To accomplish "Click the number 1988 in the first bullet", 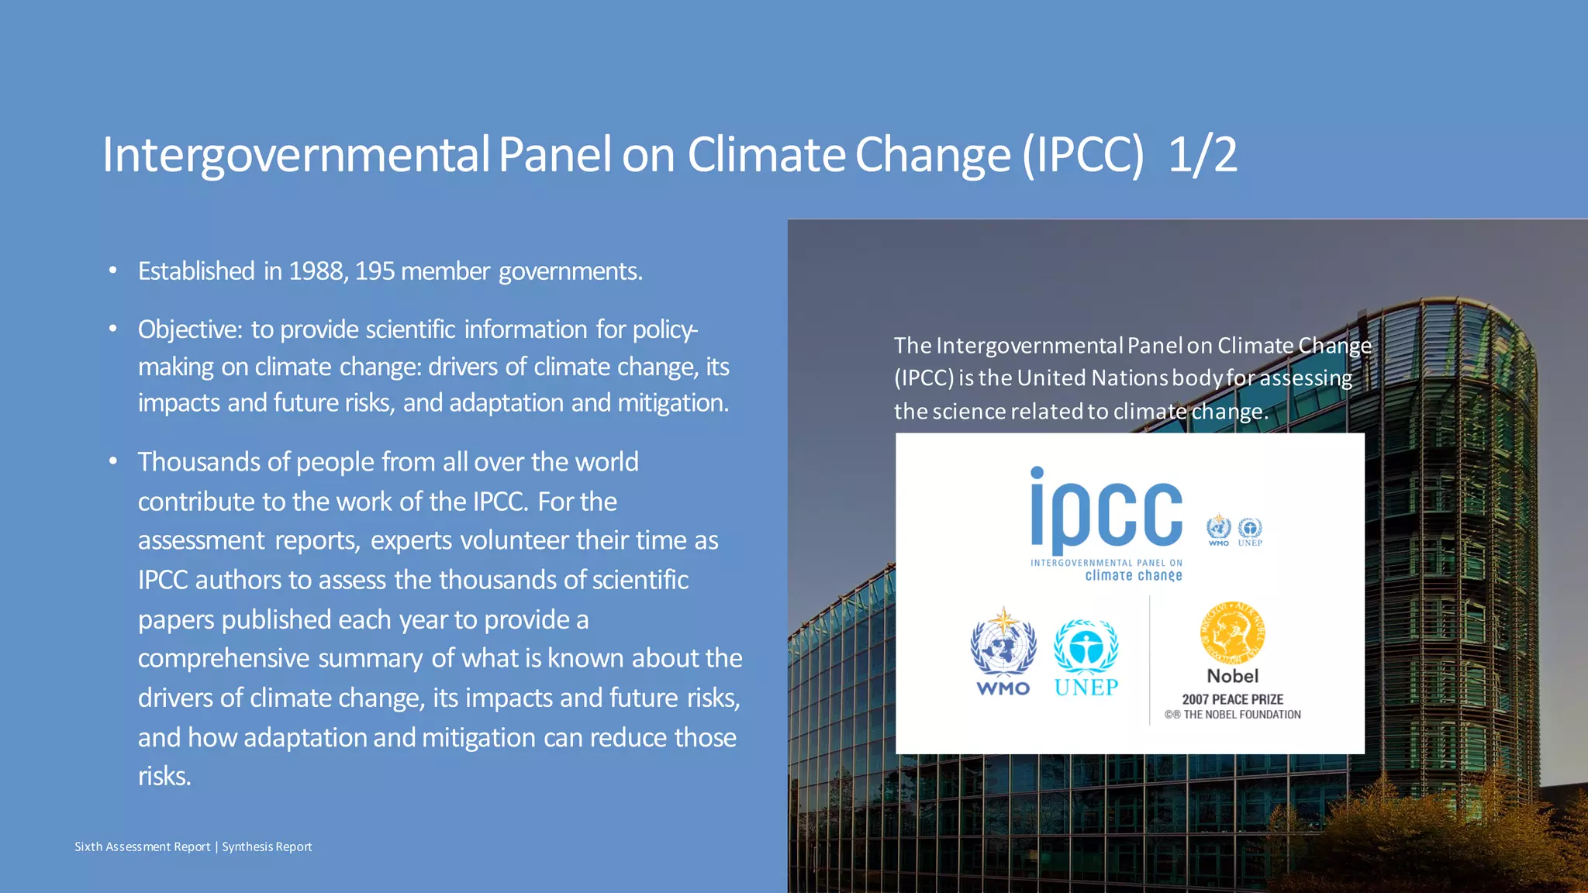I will (x=316, y=271).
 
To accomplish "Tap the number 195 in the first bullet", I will (x=375, y=271).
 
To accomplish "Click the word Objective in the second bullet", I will (x=190, y=330).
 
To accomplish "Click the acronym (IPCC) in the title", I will (x=1082, y=154).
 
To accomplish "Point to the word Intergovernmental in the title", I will (x=295, y=154).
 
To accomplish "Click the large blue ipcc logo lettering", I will (x=1106, y=512).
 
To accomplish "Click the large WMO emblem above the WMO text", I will (x=1003, y=644).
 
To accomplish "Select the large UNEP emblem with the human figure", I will (x=1086, y=646).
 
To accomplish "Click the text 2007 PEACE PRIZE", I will (x=1232, y=699).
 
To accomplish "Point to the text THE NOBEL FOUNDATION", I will (x=1241, y=715).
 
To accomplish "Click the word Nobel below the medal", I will (x=1232, y=676).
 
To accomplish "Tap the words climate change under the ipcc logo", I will (x=1133, y=575).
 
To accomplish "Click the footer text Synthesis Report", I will (x=267, y=846).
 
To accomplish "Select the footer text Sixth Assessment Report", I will (x=142, y=846).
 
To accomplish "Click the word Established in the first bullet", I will (x=196, y=271).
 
